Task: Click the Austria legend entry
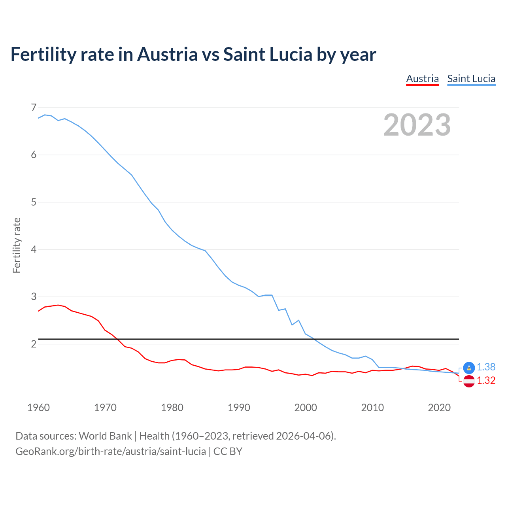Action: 422,79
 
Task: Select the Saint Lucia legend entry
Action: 471,79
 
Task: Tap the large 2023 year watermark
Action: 417,125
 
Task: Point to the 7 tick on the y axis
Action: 33,108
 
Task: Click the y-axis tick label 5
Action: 33,202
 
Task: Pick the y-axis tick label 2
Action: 33,344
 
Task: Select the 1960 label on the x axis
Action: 38,408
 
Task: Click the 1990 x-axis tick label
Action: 239,408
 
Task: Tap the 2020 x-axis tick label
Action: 439,408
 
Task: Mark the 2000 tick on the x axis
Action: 306,408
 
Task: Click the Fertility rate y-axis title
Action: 17,245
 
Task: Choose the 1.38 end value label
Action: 486,367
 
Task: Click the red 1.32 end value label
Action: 486,380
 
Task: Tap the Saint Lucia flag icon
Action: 469,368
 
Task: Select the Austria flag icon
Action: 469,381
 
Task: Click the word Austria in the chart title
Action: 167,54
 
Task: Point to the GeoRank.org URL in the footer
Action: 111,451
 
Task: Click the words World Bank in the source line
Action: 105,436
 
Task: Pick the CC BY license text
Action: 228,451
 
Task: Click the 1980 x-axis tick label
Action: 172,408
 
